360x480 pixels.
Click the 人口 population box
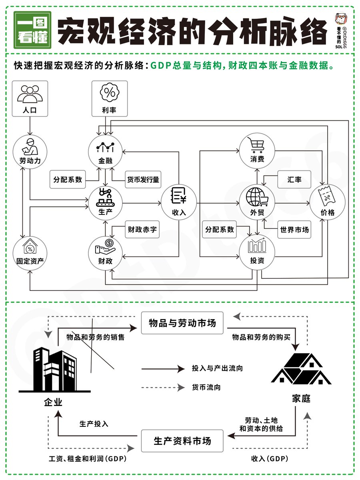click(30, 98)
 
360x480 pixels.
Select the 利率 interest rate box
click(110, 98)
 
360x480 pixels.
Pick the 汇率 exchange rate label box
click(294, 180)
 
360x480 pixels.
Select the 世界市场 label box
click(294, 230)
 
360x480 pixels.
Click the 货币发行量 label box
click(143, 180)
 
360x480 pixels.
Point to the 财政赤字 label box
click(142, 230)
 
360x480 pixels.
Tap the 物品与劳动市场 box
click(182, 323)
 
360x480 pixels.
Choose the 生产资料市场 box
click(182, 441)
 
